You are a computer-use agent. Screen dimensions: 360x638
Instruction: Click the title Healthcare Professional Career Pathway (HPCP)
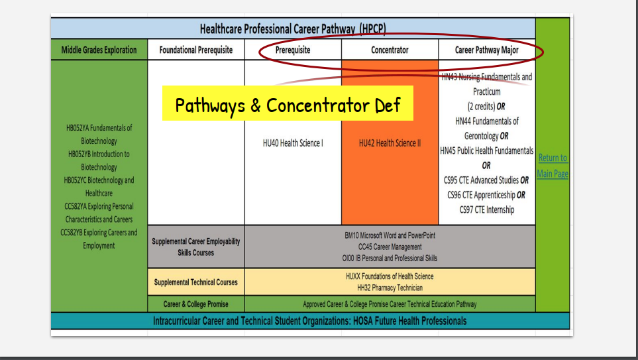coord(293,29)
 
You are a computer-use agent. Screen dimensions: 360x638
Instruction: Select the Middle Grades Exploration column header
coord(99,50)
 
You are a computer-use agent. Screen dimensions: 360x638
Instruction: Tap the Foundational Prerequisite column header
coord(196,50)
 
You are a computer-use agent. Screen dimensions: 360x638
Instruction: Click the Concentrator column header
coord(390,50)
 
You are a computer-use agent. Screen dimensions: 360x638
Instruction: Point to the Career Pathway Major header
coord(487,50)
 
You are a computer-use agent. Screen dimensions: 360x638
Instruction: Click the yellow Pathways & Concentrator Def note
coord(288,104)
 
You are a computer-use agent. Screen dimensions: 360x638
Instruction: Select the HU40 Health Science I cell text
coord(293,143)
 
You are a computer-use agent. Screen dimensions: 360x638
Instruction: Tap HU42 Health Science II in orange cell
coord(390,143)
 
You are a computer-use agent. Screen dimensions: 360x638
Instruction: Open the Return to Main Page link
coord(553,166)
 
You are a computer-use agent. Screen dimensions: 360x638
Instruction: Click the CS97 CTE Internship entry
coord(487,210)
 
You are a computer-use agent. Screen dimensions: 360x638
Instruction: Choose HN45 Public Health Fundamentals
coord(487,150)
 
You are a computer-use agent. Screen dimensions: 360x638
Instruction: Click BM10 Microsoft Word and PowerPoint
coord(390,235)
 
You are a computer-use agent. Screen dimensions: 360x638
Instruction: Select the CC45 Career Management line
coord(390,247)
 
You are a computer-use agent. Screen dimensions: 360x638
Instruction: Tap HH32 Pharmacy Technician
coord(390,288)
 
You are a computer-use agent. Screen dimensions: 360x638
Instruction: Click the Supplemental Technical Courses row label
coord(196,282)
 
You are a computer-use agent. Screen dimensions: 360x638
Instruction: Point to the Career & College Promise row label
coord(196,304)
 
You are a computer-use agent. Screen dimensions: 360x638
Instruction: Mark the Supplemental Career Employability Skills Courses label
coord(196,247)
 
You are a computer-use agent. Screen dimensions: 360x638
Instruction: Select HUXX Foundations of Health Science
coord(390,276)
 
